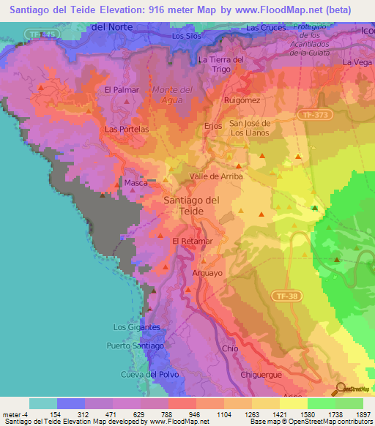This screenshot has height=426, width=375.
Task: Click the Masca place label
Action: pos(135,183)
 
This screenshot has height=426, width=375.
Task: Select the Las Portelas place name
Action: pos(127,129)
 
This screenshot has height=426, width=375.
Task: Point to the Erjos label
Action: pos(212,125)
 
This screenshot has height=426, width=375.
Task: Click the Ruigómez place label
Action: pos(242,100)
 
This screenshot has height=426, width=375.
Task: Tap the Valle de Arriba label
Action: pos(216,176)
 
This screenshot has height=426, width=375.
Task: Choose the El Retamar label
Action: pos(192,240)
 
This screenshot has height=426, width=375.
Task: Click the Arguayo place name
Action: pos(207,273)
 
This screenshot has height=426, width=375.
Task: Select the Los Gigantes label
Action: pos(137,326)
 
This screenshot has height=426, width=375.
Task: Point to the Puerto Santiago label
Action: pos(134,345)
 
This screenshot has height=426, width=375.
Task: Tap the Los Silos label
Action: pos(186,35)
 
